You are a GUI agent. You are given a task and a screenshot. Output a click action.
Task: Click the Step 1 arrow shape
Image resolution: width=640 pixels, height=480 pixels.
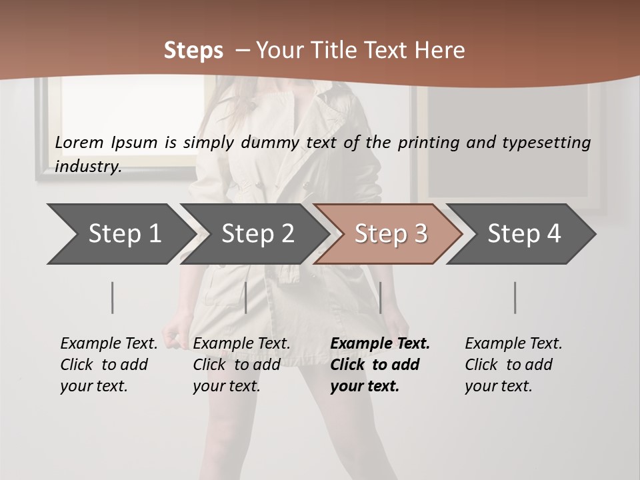click(x=120, y=234)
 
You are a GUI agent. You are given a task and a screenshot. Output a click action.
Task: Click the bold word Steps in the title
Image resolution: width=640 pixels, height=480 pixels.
click(x=193, y=50)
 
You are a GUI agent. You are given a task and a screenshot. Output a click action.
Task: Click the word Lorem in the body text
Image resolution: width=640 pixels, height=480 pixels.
click(x=79, y=142)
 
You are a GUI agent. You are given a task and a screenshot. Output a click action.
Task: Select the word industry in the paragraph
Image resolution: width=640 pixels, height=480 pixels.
click(x=87, y=167)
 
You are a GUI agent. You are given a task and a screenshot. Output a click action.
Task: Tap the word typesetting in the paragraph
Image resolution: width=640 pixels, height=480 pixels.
click(x=546, y=142)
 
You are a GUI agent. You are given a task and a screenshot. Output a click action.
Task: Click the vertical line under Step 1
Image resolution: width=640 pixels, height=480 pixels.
click(x=113, y=297)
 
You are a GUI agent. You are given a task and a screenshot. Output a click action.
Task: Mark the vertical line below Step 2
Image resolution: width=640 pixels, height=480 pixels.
click(x=246, y=297)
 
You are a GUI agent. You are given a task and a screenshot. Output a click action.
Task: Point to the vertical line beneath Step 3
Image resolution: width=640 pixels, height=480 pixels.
click(x=380, y=297)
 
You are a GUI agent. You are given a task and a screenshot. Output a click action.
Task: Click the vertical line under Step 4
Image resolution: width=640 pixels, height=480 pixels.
click(x=515, y=297)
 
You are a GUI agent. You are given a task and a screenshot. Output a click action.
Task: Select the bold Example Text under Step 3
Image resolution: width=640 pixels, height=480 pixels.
click(x=380, y=343)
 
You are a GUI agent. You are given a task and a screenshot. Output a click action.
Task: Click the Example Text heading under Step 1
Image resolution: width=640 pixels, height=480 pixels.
click(x=109, y=343)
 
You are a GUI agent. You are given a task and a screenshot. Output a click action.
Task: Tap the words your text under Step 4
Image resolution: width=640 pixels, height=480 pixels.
click(x=498, y=386)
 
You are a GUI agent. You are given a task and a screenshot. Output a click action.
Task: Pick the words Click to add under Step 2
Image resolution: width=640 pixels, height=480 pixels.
click(x=237, y=365)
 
